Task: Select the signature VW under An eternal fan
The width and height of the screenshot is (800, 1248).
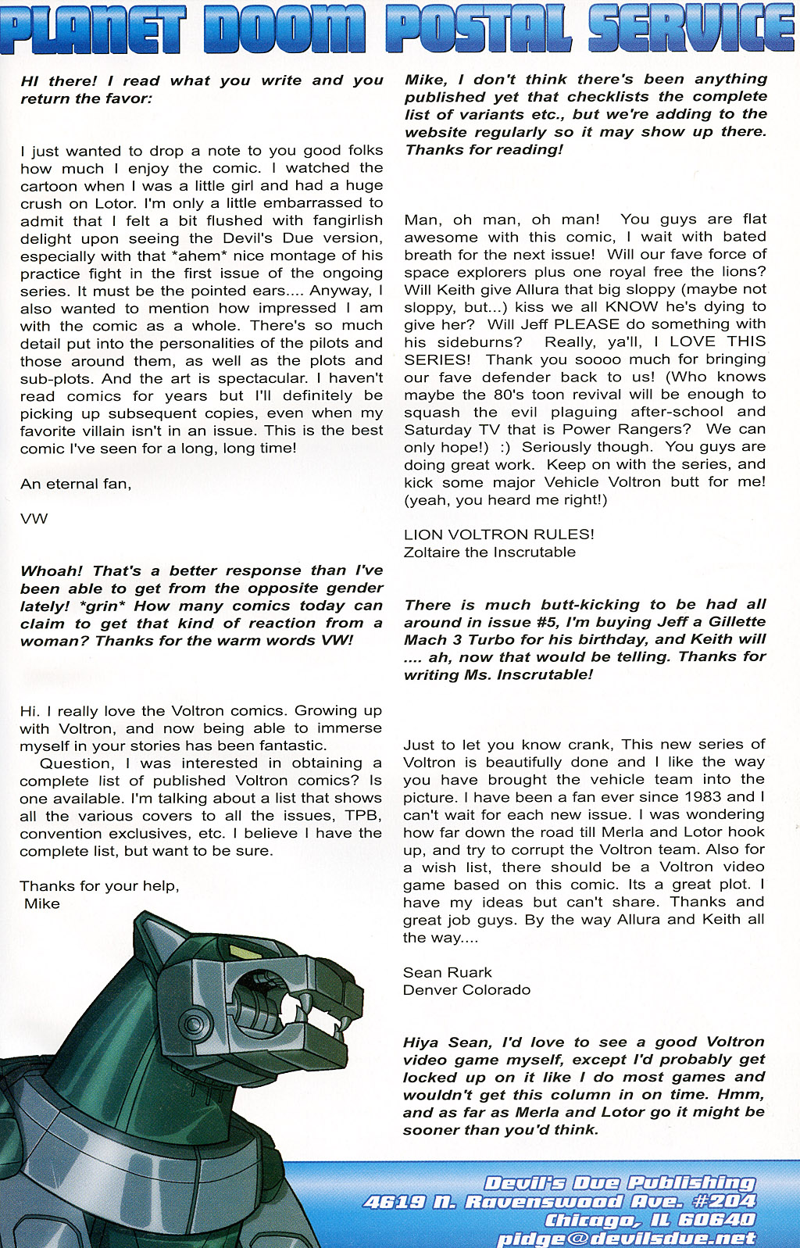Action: [x=34, y=519]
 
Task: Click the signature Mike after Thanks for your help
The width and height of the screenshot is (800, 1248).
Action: [x=41, y=904]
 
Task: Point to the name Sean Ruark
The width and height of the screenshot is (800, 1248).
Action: [x=447, y=973]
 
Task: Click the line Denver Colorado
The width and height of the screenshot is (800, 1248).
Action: [x=466, y=990]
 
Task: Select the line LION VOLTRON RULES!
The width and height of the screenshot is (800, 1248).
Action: [x=498, y=535]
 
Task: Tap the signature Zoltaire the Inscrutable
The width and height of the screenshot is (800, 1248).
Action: [x=489, y=552]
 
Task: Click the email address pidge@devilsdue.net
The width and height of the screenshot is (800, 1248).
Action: [x=626, y=1239]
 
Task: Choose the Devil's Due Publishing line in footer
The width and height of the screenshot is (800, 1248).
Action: [x=620, y=1183]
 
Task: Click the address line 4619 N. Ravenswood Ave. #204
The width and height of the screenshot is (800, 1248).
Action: [x=559, y=1202]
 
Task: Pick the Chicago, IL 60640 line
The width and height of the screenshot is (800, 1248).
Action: [x=650, y=1220]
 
